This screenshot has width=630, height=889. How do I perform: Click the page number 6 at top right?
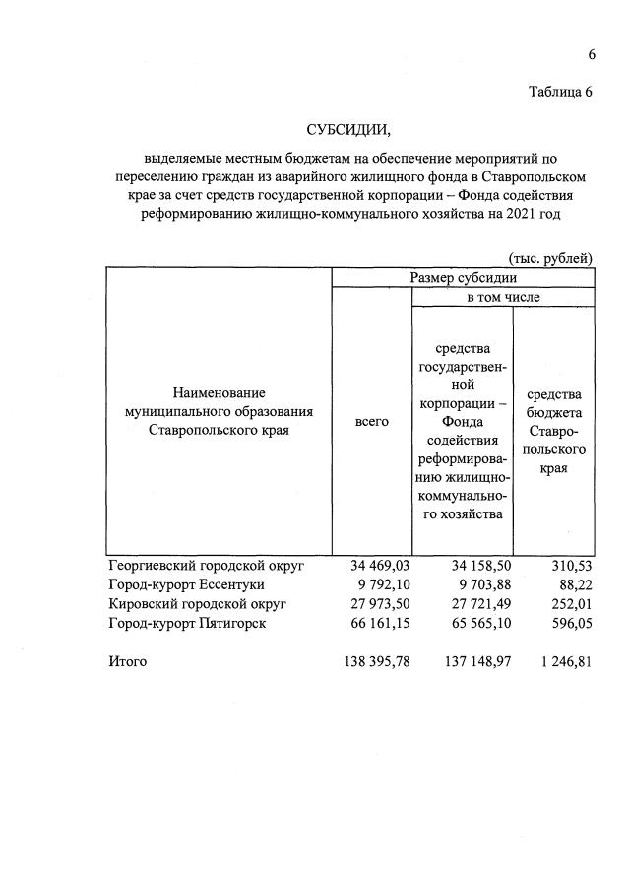tap(592, 54)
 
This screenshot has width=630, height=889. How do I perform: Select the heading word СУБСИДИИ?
tap(348, 130)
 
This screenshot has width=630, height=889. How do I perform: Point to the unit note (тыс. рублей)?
tap(550, 258)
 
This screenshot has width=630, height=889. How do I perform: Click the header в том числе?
tap(502, 296)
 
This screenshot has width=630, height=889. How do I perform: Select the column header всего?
tap(371, 421)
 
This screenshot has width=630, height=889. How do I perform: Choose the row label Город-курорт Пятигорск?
tap(187, 623)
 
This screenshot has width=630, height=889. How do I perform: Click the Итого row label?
tap(127, 661)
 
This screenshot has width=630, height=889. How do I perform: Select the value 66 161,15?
tap(379, 623)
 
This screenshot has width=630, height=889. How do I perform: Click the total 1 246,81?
tap(564, 661)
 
